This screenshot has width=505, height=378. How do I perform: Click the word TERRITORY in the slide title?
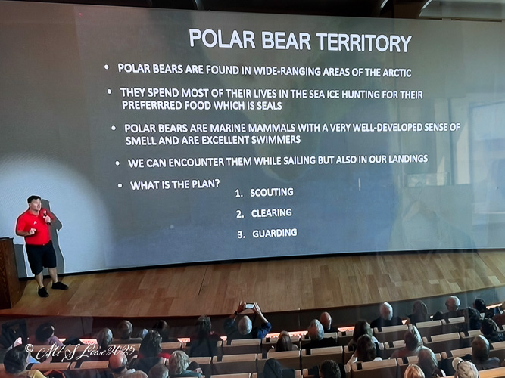pyautogui.click(x=364, y=42)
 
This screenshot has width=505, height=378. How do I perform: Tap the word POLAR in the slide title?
pyautogui.click(x=222, y=39)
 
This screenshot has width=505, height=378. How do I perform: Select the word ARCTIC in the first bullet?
pyautogui.click(x=397, y=73)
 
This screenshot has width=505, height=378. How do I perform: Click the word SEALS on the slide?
pyautogui.click(x=270, y=106)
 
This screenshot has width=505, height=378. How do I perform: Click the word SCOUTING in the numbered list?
pyautogui.click(x=272, y=192)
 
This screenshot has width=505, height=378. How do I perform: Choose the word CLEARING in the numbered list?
pyautogui.click(x=272, y=213)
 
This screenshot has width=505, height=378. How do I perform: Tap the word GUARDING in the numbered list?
pyautogui.click(x=275, y=234)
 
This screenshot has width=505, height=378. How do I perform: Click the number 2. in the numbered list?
pyautogui.click(x=240, y=214)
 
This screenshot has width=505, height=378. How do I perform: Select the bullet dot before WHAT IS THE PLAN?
pyautogui.click(x=120, y=186)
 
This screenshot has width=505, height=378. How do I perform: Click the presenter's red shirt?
pyautogui.click(x=35, y=227)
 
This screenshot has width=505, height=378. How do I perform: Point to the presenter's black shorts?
pyautogui.click(x=41, y=256)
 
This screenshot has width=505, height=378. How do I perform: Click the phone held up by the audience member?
pyautogui.click(x=250, y=305)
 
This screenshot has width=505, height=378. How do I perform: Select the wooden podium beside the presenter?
pyautogui.click(x=9, y=272)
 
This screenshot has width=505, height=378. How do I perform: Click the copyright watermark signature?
pyautogui.click(x=79, y=352)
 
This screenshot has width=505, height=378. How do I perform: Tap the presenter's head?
pyautogui.click(x=34, y=203)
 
